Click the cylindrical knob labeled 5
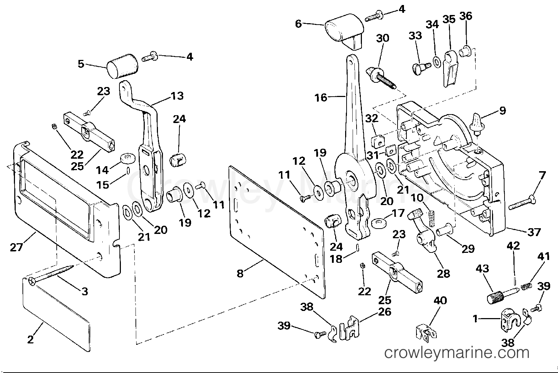tap(122, 66)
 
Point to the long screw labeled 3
tap(51, 274)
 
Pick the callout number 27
tap(16, 247)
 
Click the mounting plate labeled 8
tap(277, 232)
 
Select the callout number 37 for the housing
tap(534, 232)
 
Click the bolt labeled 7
tap(522, 203)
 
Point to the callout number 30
tap(383, 38)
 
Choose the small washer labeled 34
tap(437, 62)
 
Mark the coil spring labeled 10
tap(432, 219)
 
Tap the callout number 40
tap(440, 301)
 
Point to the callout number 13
tap(177, 96)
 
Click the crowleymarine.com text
tap(457, 353)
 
